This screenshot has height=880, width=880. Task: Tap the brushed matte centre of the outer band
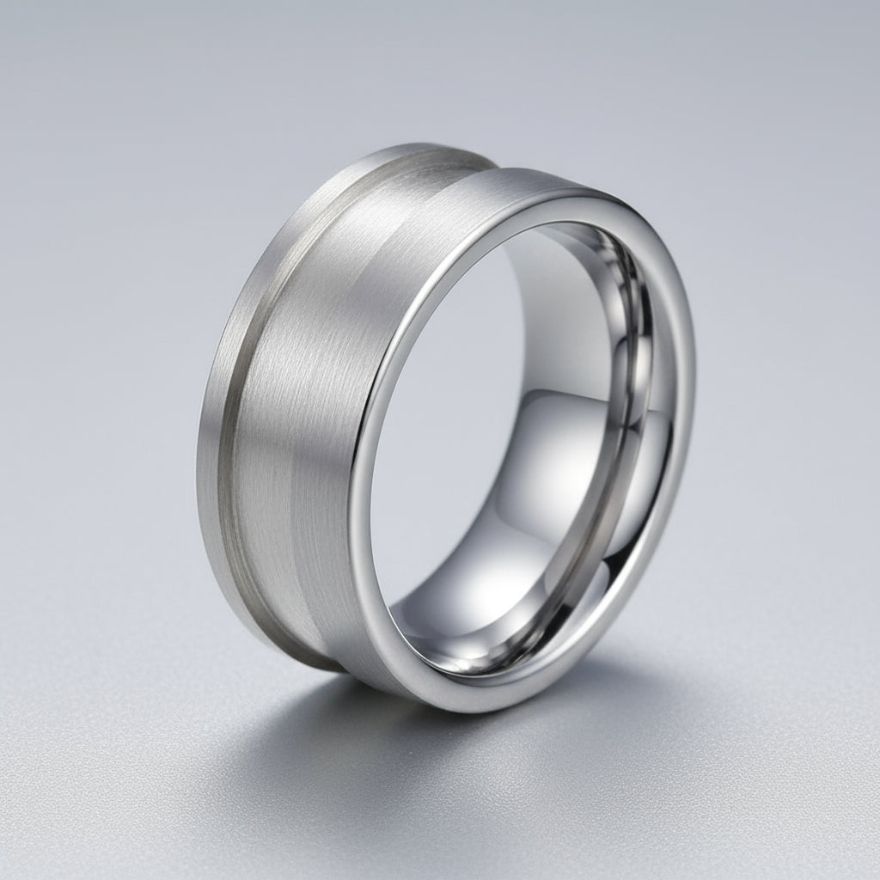[301, 412]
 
